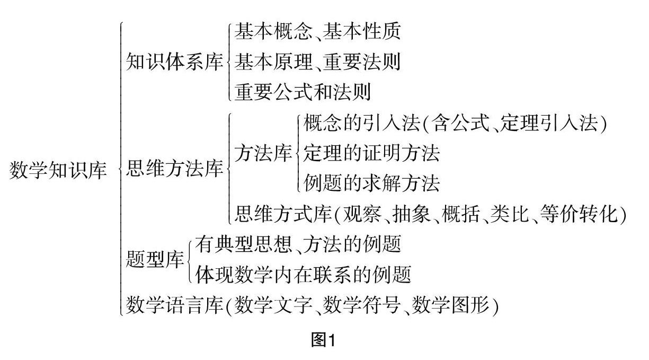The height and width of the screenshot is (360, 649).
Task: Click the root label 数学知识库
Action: (x=59, y=171)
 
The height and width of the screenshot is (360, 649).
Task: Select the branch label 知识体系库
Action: (x=174, y=63)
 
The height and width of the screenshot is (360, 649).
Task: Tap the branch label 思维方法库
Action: (x=174, y=171)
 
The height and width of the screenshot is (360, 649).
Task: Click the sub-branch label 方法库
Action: (x=263, y=154)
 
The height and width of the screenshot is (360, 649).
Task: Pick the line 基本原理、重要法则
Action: (x=317, y=63)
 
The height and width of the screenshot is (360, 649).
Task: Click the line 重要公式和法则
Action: (x=303, y=92)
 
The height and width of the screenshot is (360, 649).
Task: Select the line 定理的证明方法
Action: (x=372, y=154)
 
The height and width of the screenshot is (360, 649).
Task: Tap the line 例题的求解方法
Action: (x=372, y=183)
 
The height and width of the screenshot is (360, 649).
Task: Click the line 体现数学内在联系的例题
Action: (x=303, y=275)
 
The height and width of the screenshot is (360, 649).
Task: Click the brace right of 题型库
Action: (x=189, y=260)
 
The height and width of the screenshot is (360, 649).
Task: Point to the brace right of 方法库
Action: (x=297, y=154)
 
